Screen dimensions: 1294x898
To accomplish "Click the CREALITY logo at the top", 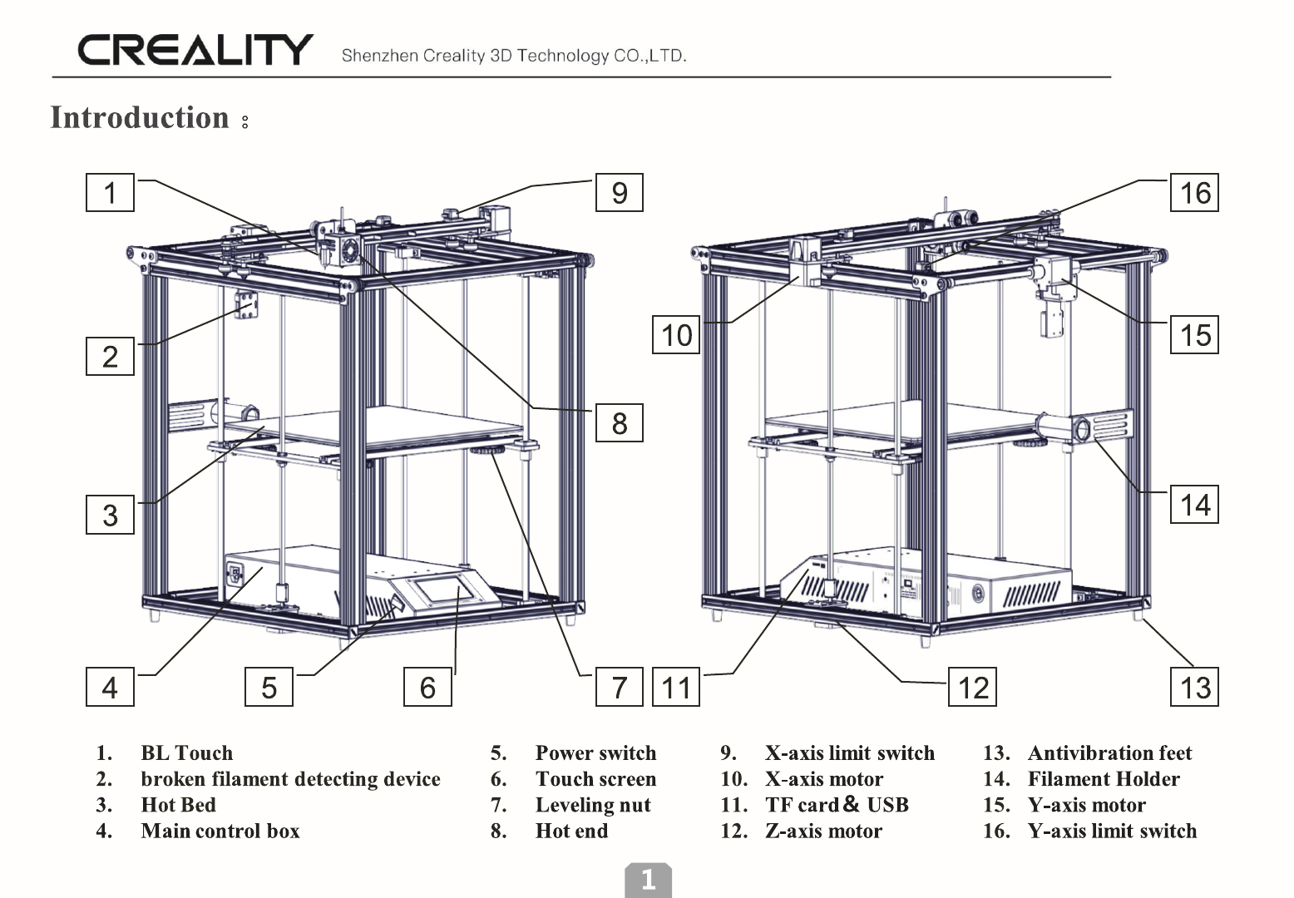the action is [195, 50].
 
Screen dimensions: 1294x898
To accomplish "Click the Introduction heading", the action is [140, 118].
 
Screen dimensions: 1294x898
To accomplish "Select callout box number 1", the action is [110, 193].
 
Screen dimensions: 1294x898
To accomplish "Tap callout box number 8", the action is [620, 423].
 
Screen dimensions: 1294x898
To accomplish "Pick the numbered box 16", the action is [1195, 193].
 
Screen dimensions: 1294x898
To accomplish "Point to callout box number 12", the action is [973, 688].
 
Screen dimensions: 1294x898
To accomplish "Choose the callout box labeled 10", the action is [676, 335].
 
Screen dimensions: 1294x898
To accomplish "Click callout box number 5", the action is [269, 688].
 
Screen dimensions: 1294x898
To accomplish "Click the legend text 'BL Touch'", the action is [187, 753].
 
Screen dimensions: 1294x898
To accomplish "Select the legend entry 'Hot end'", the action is [571, 831].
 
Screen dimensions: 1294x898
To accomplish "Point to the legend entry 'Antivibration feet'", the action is [1109, 753].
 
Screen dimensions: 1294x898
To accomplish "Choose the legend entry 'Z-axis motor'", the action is [823, 831].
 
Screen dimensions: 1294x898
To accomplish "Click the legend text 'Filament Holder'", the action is [1104, 779].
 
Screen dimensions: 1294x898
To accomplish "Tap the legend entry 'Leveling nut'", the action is [593, 805].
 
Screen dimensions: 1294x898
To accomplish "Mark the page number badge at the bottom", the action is [648, 880].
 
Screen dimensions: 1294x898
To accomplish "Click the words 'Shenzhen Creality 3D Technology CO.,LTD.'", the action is [514, 57].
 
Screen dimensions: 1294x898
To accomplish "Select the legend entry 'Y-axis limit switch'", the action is [1112, 831].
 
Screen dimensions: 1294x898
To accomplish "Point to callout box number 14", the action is [1195, 505].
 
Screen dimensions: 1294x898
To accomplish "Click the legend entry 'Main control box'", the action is [220, 831].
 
